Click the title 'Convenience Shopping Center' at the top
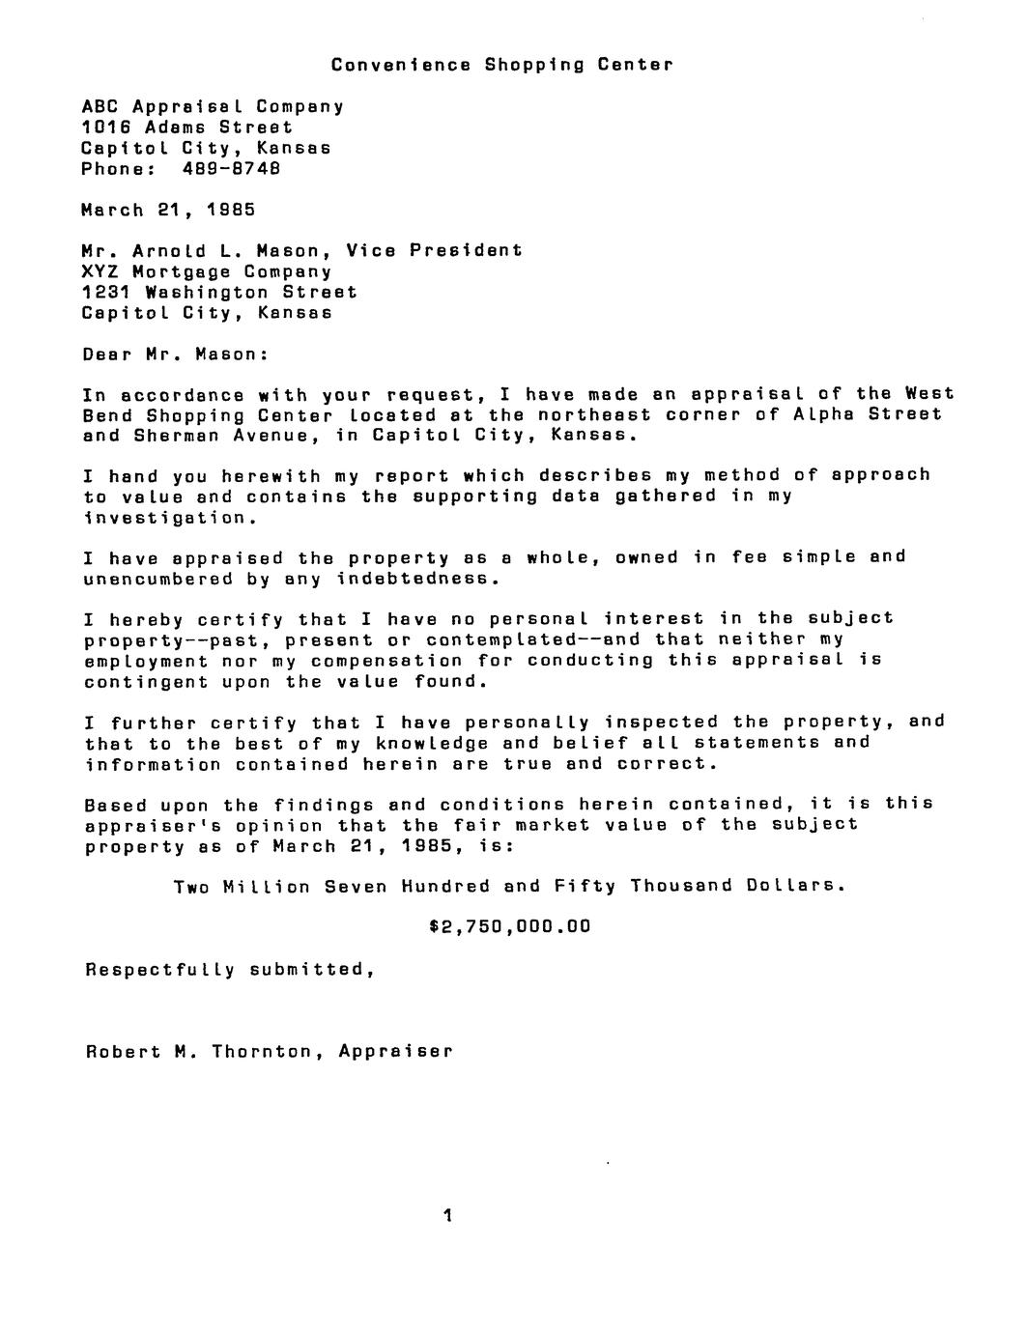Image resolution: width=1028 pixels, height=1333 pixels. (x=501, y=65)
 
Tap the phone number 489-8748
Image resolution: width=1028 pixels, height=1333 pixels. (x=231, y=168)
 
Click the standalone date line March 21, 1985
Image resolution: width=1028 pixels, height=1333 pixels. (x=169, y=209)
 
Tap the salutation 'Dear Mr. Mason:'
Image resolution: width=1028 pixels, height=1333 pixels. (x=175, y=354)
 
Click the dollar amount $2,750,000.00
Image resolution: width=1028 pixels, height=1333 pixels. (x=509, y=926)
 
